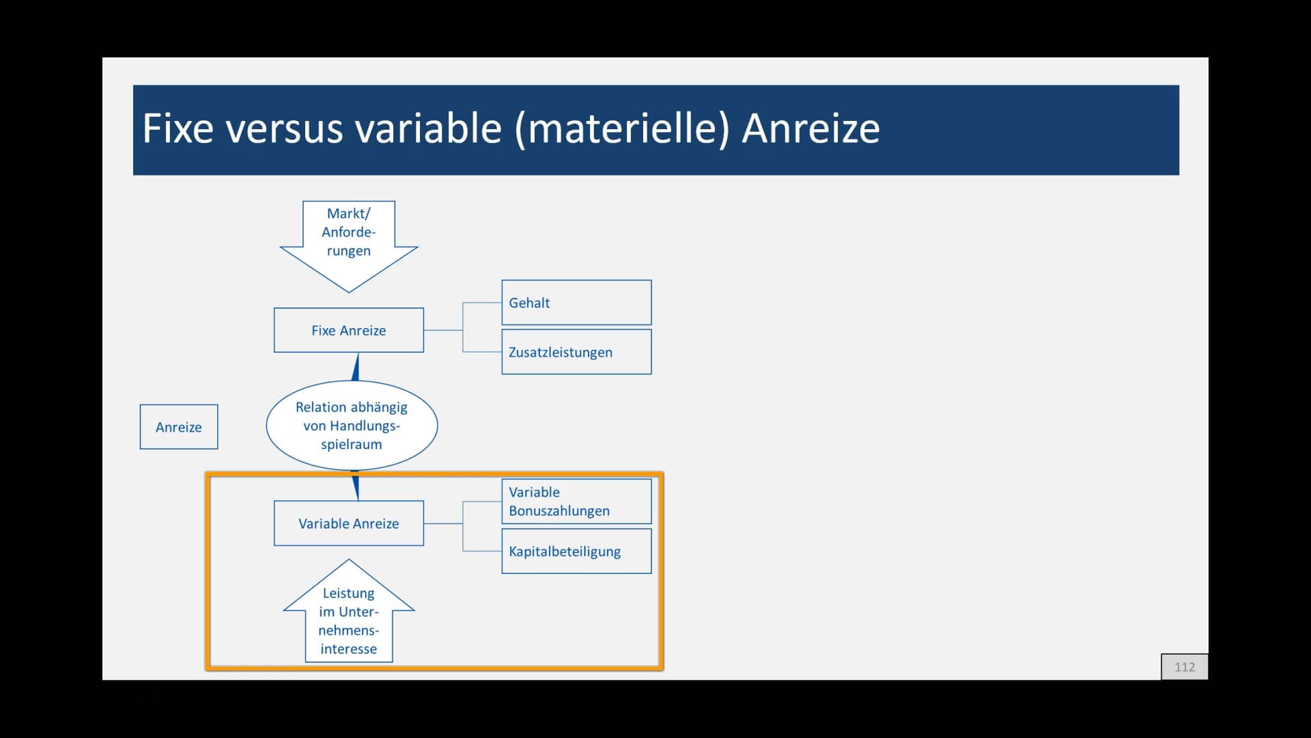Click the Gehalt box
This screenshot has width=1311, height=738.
(576, 303)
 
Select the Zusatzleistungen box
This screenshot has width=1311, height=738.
(576, 352)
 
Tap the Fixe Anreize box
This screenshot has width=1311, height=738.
(349, 330)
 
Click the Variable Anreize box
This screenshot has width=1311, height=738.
(349, 523)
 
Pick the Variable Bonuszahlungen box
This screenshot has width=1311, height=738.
(576, 502)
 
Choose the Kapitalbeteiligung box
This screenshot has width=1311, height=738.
(576, 551)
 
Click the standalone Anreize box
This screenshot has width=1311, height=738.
(179, 427)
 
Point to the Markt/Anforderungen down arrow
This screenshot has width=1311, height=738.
(349, 246)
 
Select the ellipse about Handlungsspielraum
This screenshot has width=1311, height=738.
(352, 425)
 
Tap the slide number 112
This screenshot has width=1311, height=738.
(1185, 667)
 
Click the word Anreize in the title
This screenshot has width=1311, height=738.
(810, 128)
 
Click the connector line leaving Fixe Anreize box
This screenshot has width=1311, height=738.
(443, 330)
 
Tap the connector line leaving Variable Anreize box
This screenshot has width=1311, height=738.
(443, 523)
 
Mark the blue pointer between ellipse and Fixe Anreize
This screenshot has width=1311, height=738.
(356, 367)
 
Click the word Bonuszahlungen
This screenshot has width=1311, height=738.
(559, 511)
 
